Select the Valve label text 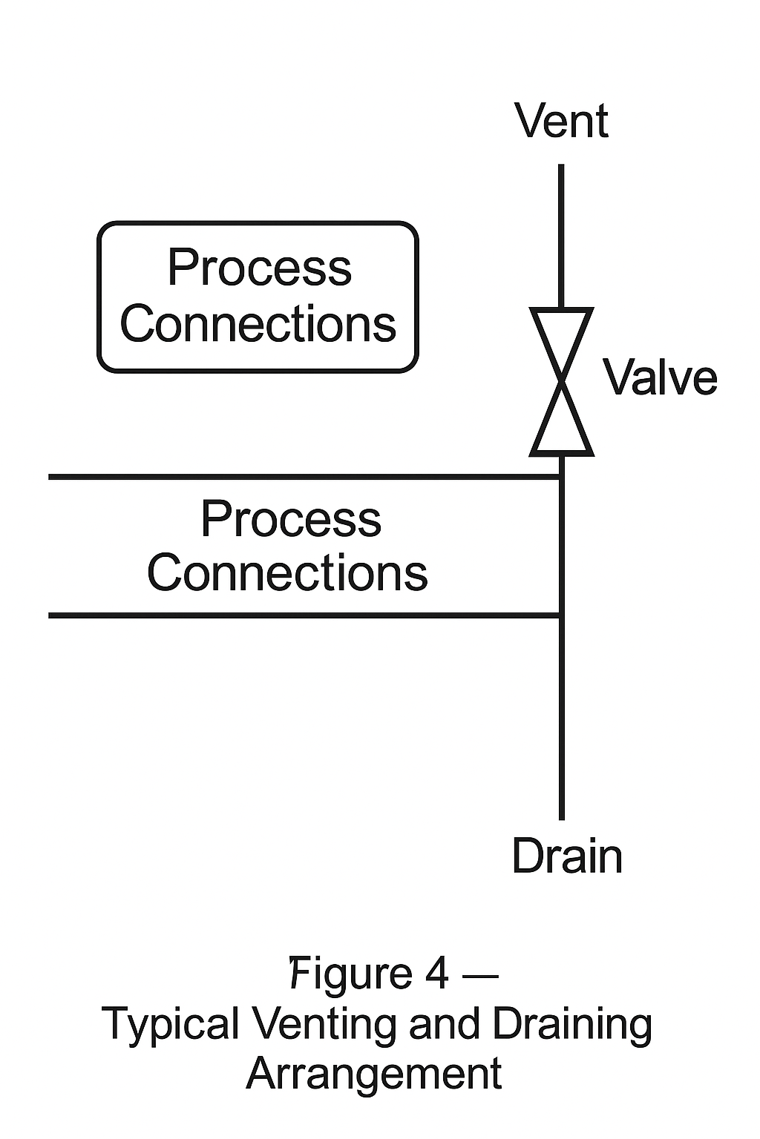click(x=660, y=377)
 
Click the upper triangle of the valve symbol click(x=561, y=333)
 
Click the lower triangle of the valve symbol click(x=561, y=430)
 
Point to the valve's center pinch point click(x=561, y=381)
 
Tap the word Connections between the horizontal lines click(x=287, y=572)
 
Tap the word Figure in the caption click(x=350, y=975)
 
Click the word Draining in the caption click(x=572, y=1025)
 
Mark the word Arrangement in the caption click(x=374, y=1073)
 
